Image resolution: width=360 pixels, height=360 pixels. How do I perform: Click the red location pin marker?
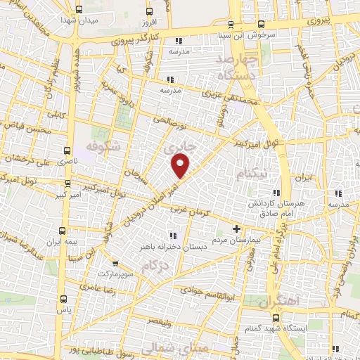pos(181,166)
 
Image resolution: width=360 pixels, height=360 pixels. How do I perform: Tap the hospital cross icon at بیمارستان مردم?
pos(236,229)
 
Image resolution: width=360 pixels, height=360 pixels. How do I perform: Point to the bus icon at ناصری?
pos(67,150)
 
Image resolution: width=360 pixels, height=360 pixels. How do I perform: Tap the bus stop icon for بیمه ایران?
pos(63,231)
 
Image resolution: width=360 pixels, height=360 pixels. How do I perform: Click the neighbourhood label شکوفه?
pos(102,146)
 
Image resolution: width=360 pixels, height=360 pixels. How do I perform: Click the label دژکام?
pos(155,267)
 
